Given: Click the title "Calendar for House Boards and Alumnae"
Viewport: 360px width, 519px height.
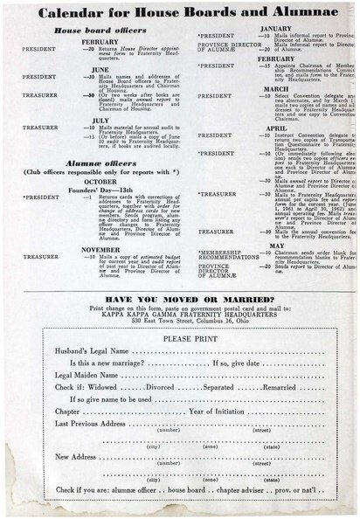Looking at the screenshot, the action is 178,13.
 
